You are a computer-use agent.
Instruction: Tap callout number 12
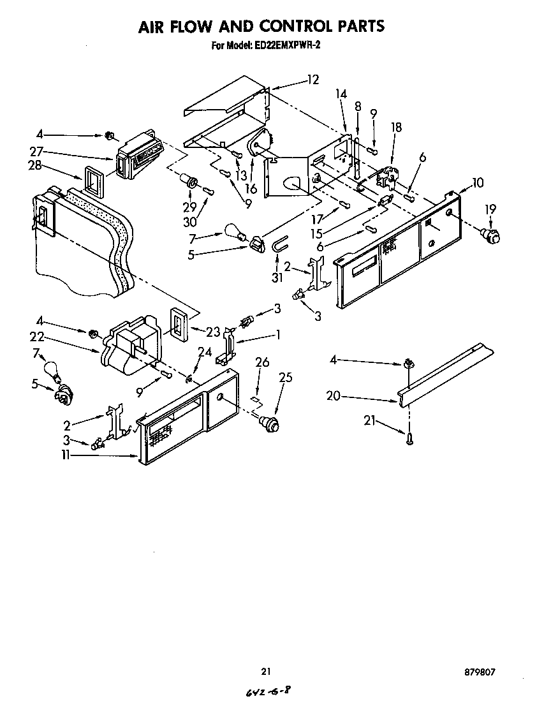(x=312, y=80)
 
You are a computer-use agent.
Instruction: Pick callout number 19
(x=489, y=209)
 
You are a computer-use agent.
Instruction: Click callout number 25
(x=286, y=378)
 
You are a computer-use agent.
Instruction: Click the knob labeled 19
(x=489, y=235)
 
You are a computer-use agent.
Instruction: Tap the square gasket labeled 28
(x=93, y=181)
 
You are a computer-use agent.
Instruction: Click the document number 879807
(x=480, y=672)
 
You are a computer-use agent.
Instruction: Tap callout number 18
(x=396, y=128)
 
